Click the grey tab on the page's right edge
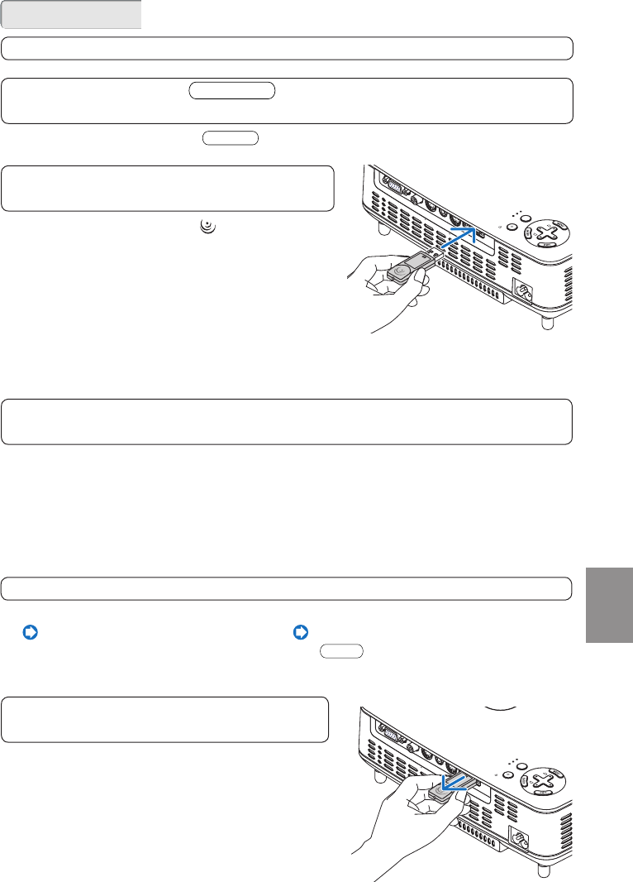tap(609, 604)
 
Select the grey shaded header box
tap(72, 15)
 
